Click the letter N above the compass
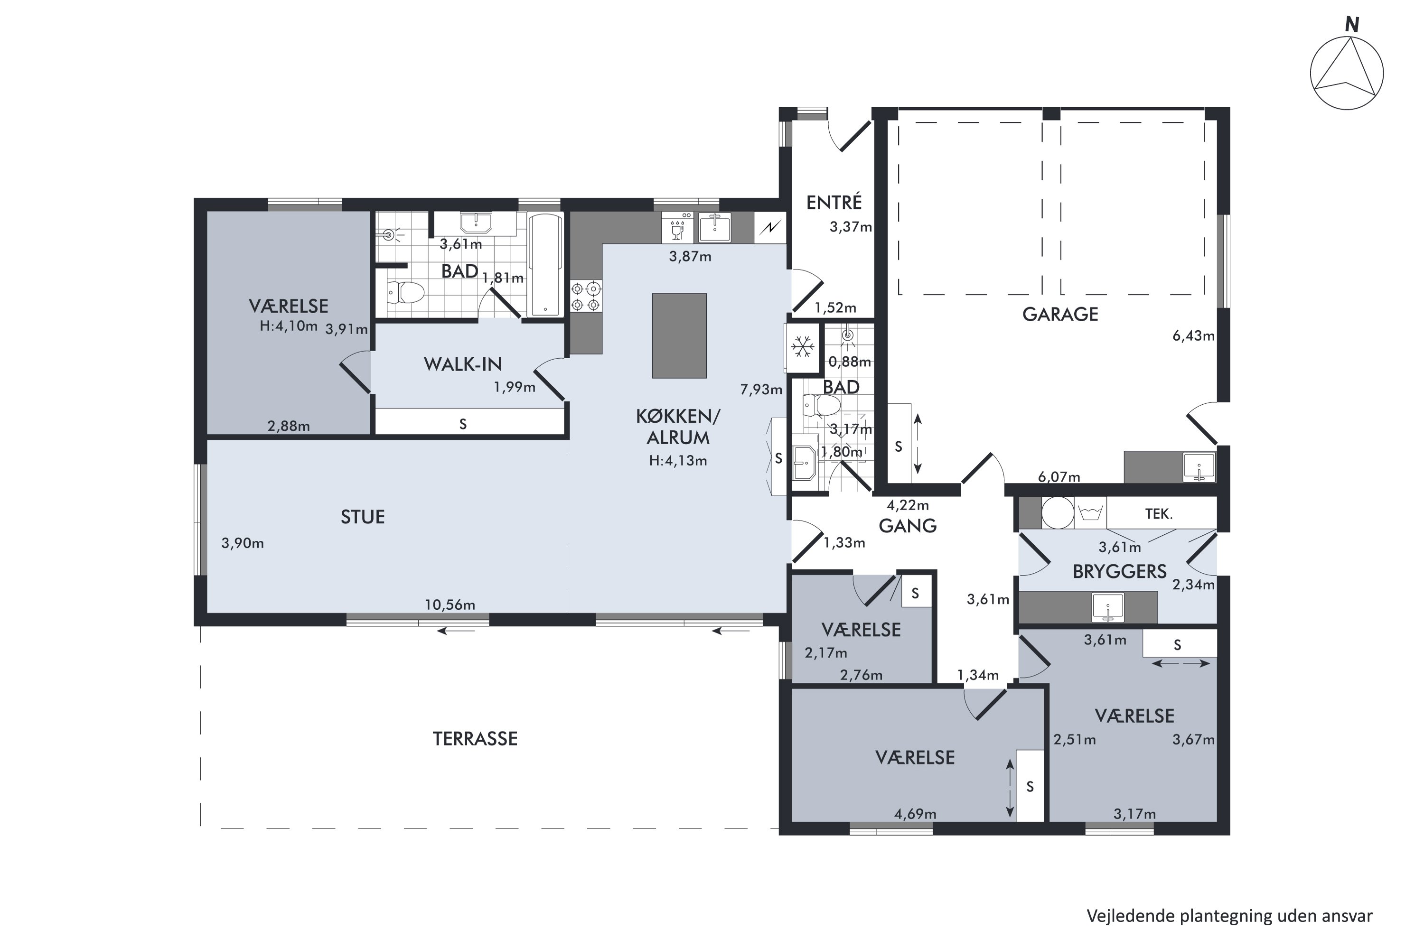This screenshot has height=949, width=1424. point(1352,25)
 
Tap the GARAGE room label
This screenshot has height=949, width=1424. point(1060,314)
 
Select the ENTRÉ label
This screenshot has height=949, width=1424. point(834,202)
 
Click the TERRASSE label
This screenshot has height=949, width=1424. point(475,739)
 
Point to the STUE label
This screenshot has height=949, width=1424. point(363,517)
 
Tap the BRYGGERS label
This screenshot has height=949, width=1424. point(1119,572)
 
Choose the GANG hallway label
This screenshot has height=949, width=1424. point(908,526)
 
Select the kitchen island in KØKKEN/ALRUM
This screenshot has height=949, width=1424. point(679,336)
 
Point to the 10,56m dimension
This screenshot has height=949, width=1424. point(450,605)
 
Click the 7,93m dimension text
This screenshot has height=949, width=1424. point(761,390)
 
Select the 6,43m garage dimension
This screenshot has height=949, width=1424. point(1193,336)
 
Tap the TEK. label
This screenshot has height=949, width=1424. point(1159,514)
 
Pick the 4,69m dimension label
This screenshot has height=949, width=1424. point(916,814)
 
